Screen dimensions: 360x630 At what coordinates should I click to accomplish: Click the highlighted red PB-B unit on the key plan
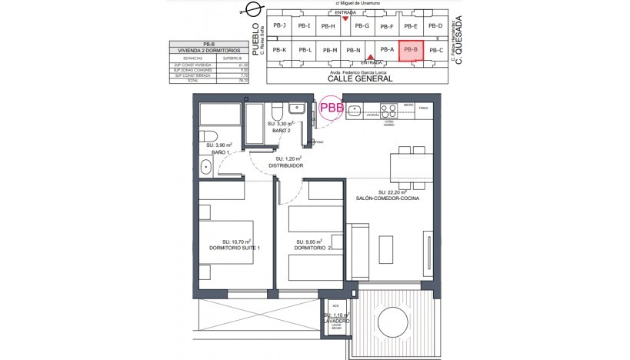tap(411, 50)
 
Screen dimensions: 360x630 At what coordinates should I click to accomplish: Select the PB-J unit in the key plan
tap(279, 26)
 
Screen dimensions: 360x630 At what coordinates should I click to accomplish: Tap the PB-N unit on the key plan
tap(354, 51)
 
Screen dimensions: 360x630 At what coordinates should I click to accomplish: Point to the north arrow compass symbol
tap(250, 10)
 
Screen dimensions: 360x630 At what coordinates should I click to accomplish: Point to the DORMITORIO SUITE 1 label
tap(235, 248)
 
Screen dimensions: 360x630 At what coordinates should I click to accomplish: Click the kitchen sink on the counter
tap(355, 109)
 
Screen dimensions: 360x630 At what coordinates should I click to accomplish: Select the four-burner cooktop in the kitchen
tap(389, 108)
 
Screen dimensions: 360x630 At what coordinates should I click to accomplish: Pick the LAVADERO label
tap(337, 322)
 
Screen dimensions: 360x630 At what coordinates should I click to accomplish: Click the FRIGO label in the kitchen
tap(423, 108)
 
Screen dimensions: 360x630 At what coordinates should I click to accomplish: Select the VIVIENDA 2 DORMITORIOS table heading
tap(208, 50)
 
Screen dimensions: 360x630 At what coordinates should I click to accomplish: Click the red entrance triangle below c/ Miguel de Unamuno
tap(345, 18)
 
